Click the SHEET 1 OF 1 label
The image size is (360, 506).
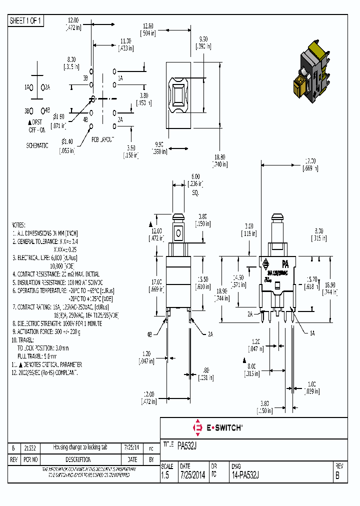(26, 20)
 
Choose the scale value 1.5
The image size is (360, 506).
(165, 476)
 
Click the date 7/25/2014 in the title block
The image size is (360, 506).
(192, 476)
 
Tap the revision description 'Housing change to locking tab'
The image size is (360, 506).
(80, 447)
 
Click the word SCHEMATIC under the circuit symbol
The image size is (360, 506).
(37, 145)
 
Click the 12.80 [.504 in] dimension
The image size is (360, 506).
(148, 29)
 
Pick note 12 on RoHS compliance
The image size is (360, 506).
(47, 372)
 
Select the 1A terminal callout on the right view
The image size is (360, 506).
(312, 332)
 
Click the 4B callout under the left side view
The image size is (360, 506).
(149, 333)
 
